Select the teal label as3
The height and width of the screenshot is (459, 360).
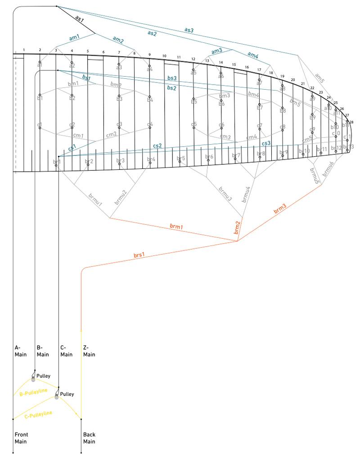point(189,30)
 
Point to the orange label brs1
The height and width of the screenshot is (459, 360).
point(139,255)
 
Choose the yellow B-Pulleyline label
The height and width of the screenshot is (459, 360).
point(34,393)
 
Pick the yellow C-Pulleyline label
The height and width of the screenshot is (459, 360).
point(38,414)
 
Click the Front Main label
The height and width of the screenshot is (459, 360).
point(21,438)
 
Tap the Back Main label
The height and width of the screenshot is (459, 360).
point(89,438)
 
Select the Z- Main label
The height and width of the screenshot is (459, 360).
point(89,351)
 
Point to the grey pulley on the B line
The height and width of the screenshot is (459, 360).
point(33,380)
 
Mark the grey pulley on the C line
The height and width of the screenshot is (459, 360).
point(57,397)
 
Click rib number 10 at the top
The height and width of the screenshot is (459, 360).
point(164,56)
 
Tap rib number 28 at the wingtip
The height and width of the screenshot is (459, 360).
point(351,122)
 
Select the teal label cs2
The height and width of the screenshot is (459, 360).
point(157,145)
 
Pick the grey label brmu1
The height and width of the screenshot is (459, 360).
point(95,201)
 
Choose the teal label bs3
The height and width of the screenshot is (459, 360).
point(171,78)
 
